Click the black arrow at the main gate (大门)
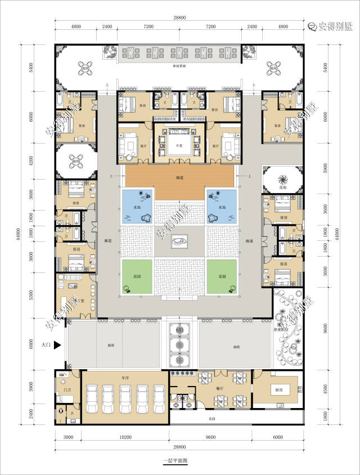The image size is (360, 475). (x=57, y=347)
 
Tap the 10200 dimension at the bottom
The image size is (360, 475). (x=125, y=437)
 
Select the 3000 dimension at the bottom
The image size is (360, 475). (x=68, y=437)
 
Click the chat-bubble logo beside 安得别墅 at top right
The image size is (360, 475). (x=312, y=26)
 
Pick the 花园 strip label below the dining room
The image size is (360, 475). (x=212, y=419)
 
